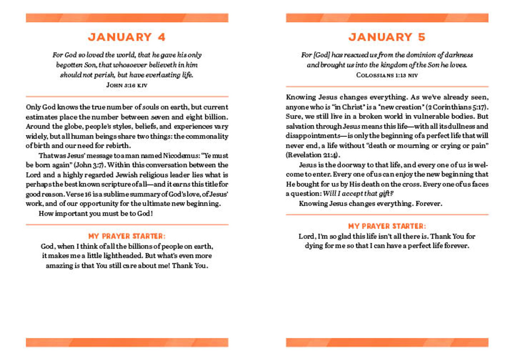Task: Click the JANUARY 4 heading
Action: coord(127,37)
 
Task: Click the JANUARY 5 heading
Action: coord(387,37)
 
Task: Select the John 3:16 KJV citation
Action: coord(127,85)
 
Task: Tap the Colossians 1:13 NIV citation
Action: coord(387,75)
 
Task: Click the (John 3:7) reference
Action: coord(90,165)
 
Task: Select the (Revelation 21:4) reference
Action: coord(311,155)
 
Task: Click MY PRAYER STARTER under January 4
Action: coord(127,236)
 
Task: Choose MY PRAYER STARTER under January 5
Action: coord(387,226)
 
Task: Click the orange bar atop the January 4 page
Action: coord(127,18)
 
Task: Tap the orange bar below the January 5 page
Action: coord(387,342)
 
